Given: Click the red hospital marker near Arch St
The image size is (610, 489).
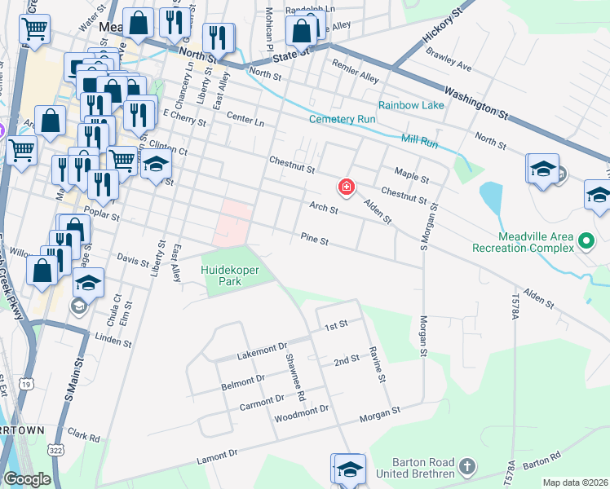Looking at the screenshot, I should tap(347, 188).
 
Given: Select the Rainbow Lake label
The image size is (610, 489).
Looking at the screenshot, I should tap(411, 105).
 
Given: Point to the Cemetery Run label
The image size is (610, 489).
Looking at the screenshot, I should tap(343, 119).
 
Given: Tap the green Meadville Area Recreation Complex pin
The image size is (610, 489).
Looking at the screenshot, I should tap(585, 241).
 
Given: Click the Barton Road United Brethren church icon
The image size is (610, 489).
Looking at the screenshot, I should tap(466, 467).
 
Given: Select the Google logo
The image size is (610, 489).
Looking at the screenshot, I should tap(27, 478).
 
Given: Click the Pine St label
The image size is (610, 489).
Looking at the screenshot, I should tap(314, 240).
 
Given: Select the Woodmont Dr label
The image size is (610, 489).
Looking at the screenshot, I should tap(301, 414).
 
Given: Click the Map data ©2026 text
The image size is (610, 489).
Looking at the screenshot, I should tap(575, 482).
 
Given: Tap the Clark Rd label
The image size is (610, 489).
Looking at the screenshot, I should tap(84, 436).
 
